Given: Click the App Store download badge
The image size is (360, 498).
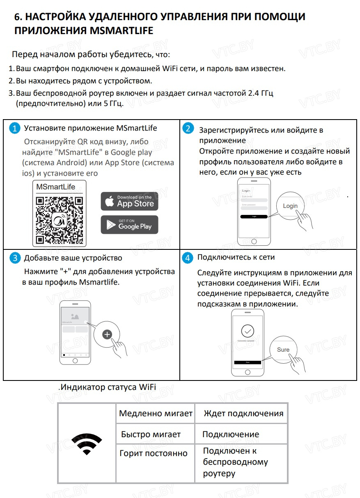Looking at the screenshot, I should pos(129,201).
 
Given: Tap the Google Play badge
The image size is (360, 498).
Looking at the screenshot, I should pos(129,225).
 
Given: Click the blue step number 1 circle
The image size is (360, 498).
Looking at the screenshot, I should pos(15,128).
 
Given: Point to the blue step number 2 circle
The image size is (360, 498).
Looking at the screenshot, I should pos(188,128).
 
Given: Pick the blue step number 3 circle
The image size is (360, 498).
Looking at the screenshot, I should pos(15,258).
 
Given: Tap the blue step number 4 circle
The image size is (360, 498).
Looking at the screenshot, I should pos(188,258).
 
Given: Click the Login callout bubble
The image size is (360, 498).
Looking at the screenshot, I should pos(290,206).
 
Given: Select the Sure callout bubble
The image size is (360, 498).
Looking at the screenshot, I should pos(283,350).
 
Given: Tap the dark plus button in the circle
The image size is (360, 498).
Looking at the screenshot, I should pos(107,334).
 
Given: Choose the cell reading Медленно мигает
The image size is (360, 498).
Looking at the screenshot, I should pos(156,413).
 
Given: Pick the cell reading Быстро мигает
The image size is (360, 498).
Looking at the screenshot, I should pos(151,434).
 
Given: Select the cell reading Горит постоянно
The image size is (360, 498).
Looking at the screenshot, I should pos(153,453).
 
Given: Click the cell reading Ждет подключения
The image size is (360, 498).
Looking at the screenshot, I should pos(243,413).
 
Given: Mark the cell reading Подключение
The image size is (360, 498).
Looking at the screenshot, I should pos(231,434).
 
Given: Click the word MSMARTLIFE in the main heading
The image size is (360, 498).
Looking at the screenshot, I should pos(121,31).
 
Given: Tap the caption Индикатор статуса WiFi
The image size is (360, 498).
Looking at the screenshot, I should pos(108,387).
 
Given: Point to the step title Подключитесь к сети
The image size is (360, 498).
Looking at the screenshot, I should pos(236,257).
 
